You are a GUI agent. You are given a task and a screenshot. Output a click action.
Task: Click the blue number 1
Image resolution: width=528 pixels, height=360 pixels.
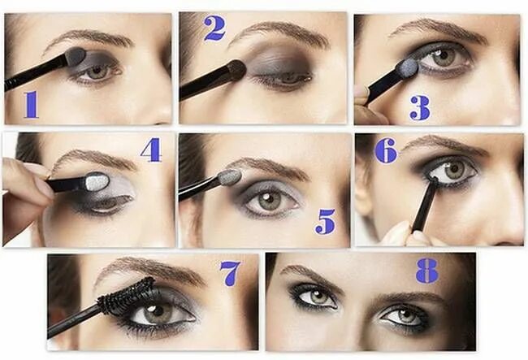(x=31, y=104)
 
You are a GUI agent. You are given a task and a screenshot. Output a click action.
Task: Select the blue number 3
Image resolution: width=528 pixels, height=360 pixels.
(x=419, y=106)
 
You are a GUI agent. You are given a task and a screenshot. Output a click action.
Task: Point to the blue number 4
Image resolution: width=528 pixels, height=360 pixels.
(x=150, y=150)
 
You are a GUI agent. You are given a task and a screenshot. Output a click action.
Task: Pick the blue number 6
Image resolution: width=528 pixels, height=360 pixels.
(x=385, y=150)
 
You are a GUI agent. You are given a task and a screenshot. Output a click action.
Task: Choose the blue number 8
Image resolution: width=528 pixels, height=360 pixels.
(x=427, y=270)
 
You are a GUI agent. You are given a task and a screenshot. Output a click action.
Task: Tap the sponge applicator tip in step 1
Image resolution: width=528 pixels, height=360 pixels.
(x=75, y=56)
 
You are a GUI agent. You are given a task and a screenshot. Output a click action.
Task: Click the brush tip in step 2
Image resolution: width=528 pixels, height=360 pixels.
(x=236, y=70)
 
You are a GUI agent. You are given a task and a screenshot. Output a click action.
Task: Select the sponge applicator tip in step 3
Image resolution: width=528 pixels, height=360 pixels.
(x=407, y=68)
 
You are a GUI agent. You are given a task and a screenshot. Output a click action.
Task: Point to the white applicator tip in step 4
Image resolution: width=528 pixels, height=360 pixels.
(x=97, y=181)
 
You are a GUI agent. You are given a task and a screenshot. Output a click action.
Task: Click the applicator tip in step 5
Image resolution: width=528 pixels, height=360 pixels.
(x=230, y=176)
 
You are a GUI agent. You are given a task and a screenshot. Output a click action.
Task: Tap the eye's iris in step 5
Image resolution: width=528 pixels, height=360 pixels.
(x=269, y=199)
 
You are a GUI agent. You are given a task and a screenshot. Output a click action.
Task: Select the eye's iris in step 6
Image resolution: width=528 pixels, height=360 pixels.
(x=453, y=170)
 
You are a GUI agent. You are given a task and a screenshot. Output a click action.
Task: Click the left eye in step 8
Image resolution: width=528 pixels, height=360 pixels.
(x=314, y=297)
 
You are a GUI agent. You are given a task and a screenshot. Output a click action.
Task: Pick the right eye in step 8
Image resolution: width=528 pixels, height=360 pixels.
(x=404, y=314)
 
